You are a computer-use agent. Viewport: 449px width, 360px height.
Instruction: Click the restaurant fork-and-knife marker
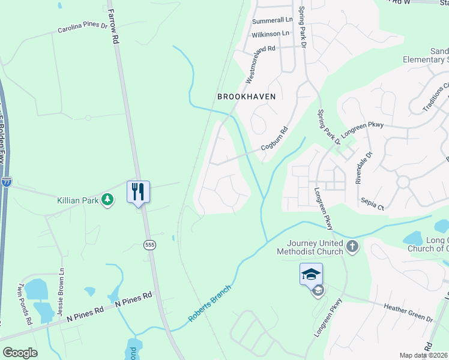click(x=138, y=192)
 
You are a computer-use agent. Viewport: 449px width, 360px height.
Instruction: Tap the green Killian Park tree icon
click(x=107, y=199)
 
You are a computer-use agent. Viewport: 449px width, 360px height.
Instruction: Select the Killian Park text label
click(x=77, y=200)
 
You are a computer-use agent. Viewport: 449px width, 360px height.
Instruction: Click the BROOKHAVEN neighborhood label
click(x=246, y=96)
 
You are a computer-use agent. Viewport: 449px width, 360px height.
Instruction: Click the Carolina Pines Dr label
click(x=82, y=28)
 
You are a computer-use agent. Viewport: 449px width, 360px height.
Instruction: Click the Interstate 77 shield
click(x=6, y=182)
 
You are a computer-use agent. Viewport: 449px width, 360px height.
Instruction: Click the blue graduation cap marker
click(x=311, y=274)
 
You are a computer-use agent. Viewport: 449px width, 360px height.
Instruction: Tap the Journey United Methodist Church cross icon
click(x=352, y=245)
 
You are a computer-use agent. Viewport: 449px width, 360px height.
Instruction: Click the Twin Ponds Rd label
click(x=25, y=304)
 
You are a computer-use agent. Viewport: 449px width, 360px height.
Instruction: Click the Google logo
click(x=20, y=353)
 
